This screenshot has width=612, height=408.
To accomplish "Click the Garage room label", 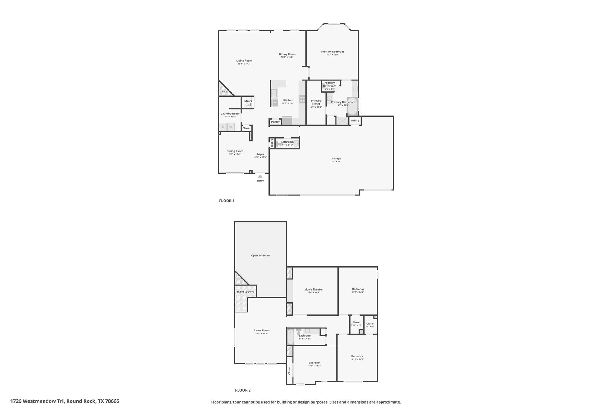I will [336, 158].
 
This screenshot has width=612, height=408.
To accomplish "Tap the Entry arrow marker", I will [260, 176].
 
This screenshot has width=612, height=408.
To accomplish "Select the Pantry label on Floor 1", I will [275, 122].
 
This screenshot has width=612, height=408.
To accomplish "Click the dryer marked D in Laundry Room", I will [223, 127].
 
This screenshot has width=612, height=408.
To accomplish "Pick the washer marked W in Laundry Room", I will [231, 127].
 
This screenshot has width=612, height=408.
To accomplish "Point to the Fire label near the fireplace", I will [224, 91].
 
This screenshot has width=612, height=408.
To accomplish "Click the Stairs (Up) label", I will [248, 103].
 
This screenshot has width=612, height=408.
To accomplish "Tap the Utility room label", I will [355, 121].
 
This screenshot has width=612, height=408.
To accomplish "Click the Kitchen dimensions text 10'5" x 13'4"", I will [288, 103].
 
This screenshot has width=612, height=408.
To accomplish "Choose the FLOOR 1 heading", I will [227, 201].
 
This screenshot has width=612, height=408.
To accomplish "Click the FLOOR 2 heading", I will [243, 390].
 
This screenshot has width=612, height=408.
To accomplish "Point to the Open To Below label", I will [260, 256].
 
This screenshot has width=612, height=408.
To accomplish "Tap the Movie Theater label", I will [313, 289].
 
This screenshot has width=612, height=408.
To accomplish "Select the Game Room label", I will [261, 331].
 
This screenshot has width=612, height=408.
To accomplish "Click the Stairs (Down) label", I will [245, 292].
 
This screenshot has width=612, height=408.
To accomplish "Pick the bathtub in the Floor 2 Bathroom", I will [290, 337].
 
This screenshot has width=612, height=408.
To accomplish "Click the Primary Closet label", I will [316, 102].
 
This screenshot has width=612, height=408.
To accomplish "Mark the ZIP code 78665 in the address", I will [112, 401].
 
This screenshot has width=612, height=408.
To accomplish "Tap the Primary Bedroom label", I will [332, 52].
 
